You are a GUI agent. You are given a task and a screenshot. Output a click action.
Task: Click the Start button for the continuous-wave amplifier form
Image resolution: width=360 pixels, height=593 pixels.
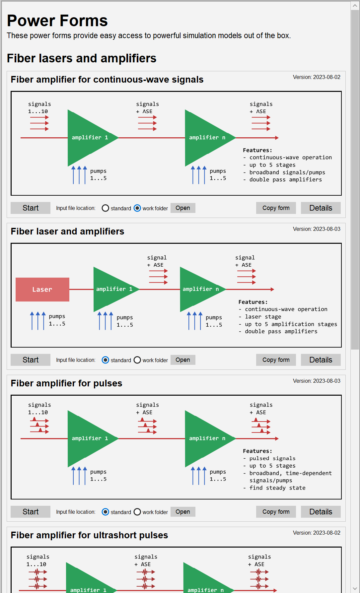click(31, 208)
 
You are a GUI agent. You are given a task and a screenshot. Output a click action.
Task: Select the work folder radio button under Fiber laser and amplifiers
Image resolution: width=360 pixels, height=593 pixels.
click(137, 360)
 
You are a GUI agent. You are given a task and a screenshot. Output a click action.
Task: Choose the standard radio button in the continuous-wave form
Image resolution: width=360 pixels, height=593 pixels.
click(106, 208)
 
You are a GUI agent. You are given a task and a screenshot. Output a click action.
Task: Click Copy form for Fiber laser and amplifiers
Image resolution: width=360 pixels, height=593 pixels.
click(276, 360)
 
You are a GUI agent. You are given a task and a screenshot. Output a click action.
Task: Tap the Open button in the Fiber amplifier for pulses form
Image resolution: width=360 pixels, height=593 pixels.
click(183, 512)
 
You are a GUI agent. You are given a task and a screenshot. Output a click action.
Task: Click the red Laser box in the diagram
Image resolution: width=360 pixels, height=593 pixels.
click(42, 290)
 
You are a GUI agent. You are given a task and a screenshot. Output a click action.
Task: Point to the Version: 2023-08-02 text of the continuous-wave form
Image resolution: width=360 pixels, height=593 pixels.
click(317, 77)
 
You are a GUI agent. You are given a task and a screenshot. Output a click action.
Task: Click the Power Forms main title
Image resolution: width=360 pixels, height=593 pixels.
click(57, 21)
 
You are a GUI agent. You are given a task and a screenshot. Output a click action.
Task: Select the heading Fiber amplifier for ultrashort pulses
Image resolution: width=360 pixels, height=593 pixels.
click(89, 535)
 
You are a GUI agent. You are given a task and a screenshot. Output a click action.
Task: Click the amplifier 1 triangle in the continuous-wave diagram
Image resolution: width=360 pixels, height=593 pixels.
click(88, 138)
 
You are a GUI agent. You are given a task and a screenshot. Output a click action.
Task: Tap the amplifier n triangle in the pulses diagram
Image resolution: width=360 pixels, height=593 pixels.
click(206, 438)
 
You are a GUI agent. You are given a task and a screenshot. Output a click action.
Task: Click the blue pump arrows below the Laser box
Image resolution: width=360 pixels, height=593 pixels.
click(38, 321)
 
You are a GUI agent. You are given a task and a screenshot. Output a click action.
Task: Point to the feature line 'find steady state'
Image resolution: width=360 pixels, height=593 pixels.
click(277, 488)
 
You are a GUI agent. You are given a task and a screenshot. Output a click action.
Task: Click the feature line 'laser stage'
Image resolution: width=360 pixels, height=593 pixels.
click(260, 317)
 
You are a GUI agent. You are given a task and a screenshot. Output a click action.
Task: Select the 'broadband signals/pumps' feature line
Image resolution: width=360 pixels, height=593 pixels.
click(284, 172)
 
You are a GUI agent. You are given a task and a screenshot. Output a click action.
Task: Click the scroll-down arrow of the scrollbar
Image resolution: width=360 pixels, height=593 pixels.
click(355, 588)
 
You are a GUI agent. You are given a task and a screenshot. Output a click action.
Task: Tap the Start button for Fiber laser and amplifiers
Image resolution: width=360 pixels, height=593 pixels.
click(31, 360)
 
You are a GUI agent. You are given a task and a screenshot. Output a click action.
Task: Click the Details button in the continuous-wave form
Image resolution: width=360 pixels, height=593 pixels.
click(321, 208)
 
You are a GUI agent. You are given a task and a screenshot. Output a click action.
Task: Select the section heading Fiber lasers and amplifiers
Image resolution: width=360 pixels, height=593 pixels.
click(82, 58)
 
